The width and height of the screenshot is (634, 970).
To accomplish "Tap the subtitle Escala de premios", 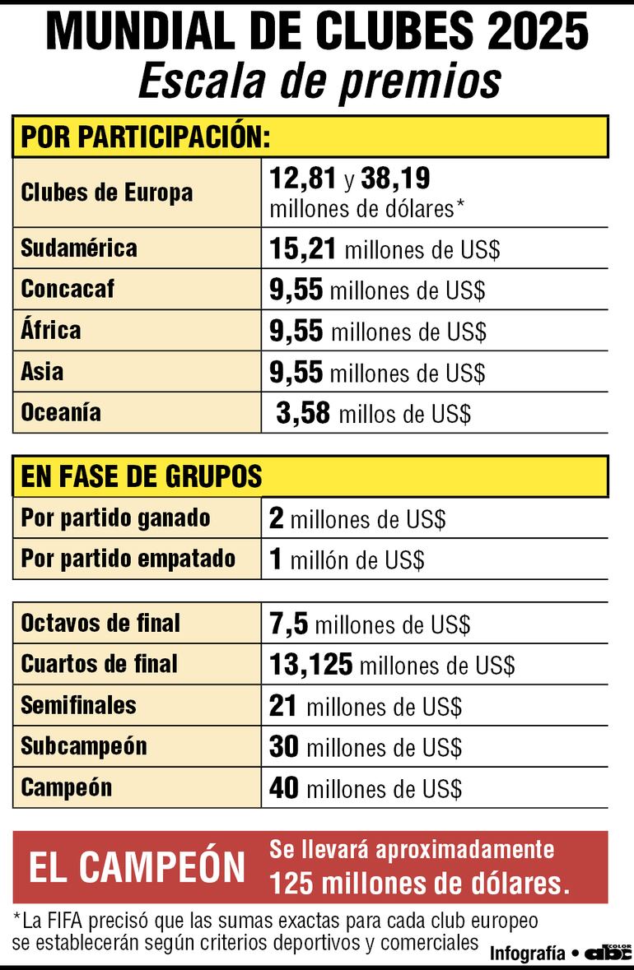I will click(319, 81).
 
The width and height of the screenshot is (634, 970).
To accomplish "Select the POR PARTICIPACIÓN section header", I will click(146, 137).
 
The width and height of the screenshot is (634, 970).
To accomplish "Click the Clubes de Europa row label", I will click(106, 193).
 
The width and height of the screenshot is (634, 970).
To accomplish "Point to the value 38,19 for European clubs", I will click(395, 179).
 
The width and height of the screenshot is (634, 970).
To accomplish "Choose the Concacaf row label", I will click(68, 289).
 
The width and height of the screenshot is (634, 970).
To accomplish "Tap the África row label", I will click(51, 330).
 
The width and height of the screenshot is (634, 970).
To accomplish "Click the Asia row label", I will click(42, 371).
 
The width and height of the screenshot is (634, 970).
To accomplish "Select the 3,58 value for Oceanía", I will click(303, 413).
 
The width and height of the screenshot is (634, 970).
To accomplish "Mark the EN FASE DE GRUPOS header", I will click(141, 476).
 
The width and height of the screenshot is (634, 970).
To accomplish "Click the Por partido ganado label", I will click(115, 518).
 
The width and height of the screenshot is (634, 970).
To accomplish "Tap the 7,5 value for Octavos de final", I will click(288, 624).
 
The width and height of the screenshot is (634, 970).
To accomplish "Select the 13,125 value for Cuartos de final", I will click(310, 664).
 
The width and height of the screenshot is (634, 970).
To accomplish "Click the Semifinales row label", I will click(78, 705).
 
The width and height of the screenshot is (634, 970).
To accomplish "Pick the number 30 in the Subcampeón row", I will click(283, 746).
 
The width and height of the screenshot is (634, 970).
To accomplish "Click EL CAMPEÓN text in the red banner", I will click(137, 868).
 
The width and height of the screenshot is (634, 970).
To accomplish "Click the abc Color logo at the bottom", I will click(608, 952).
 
